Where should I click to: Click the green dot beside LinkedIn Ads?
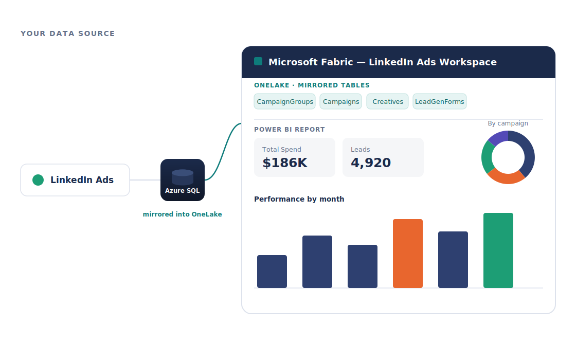pos(38,180)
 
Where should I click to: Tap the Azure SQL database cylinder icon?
pos(183,177)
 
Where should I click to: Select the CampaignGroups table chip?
pos(285,101)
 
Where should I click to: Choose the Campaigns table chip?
pos(341,101)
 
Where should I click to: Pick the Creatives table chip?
pos(388,101)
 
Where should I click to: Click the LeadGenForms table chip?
pos(440,101)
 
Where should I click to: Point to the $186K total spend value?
pos(285,163)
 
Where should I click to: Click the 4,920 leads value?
pos(371,163)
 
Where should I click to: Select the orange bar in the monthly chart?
pos(408,254)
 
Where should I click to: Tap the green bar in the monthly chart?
pos(498,250)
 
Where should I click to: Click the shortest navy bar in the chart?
pos(272,272)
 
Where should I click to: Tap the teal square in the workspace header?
pos(258,61)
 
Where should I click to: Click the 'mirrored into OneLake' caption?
pos(182,214)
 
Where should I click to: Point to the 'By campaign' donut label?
pos(508,123)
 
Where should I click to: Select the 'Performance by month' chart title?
pos(299,199)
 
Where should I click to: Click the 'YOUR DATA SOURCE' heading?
pos(67,33)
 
